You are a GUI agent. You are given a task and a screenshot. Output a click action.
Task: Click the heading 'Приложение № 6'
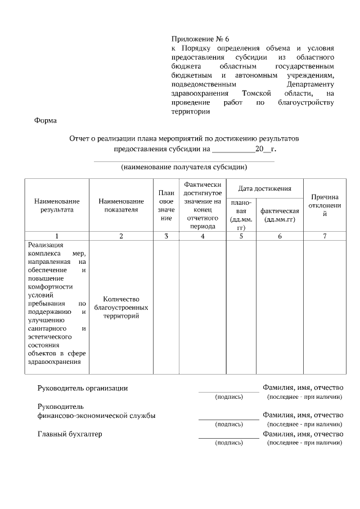pyautogui.click(x=200, y=39)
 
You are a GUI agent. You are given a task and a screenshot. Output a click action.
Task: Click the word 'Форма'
pyautogui.click(x=45, y=120)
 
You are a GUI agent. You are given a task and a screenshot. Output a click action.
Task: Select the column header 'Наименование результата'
pyautogui.click(x=57, y=205)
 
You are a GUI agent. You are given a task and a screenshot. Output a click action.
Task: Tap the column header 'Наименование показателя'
pyautogui.click(x=121, y=205)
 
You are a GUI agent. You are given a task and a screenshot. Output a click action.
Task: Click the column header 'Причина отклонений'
pyautogui.click(x=325, y=205)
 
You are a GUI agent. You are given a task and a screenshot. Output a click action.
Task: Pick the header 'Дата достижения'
pyautogui.click(x=264, y=188)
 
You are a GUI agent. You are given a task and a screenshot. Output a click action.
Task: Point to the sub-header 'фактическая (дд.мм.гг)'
pyautogui.click(x=280, y=215)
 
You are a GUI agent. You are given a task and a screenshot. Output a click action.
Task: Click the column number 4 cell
pyautogui.click(x=202, y=236)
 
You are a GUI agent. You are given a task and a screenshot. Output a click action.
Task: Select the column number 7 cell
pyautogui.click(x=325, y=236)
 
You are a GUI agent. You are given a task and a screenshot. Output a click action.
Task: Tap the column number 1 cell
pyautogui.click(x=57, y=236)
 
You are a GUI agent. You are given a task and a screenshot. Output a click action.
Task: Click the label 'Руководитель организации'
pyautogui.click(x=82, y=388)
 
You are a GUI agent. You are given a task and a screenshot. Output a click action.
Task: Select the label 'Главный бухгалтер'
pyautogui.click(x=70, y=434)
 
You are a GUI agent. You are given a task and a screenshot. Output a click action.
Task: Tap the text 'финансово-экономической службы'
pyautogui.click(x=96, y=416)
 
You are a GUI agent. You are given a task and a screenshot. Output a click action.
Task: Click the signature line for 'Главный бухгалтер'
pyautogui.click(x=228, y=438)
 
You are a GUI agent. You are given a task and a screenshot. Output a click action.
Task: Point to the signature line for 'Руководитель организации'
pyautogui.click(x=228, y=391)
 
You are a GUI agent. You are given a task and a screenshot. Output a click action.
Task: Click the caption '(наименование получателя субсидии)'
pyautogui.click(x=184, y=167)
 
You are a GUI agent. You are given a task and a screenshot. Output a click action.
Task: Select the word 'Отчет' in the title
pyautogui.click(x=80, y=138)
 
